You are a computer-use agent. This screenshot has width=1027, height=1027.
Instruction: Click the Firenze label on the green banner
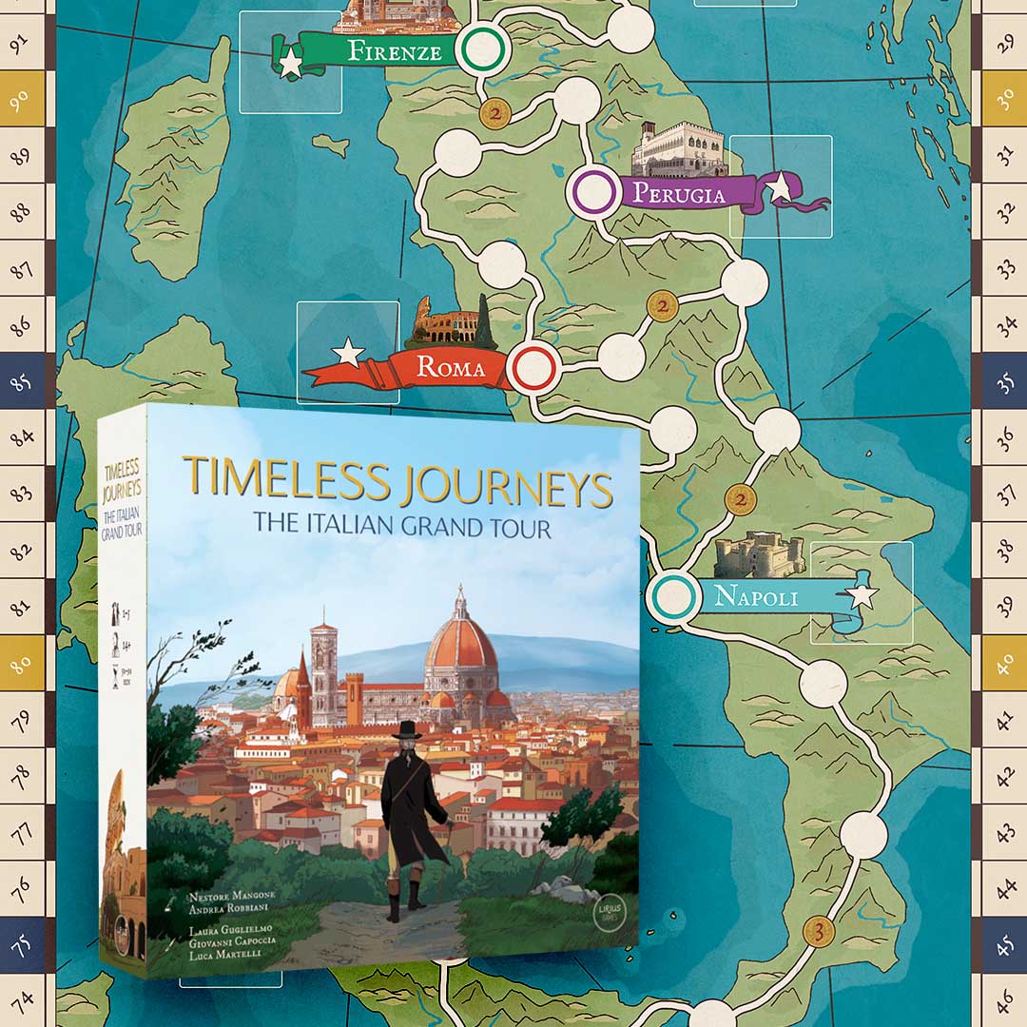[395, 50]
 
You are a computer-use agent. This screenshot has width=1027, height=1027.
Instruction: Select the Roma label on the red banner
[451, 368]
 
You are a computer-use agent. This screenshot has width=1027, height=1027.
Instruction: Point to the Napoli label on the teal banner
[756, 597]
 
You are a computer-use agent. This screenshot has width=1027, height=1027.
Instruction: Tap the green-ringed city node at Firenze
[480, 48]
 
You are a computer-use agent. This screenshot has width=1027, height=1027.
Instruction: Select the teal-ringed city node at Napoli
[673, 597]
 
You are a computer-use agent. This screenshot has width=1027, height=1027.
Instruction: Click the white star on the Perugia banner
[780, 187]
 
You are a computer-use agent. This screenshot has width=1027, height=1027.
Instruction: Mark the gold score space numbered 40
[1005, 662]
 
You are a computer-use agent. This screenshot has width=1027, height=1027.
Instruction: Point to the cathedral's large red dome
[460, 642]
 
